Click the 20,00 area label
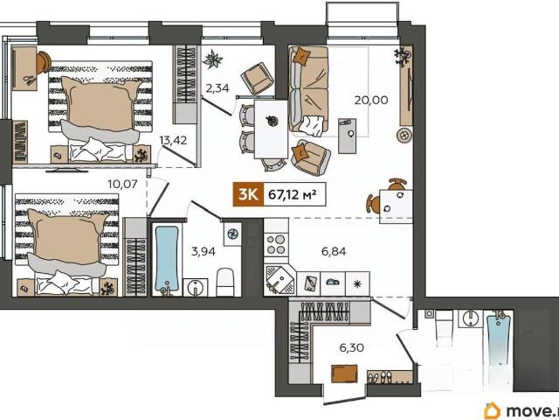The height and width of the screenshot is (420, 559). pos(370,100)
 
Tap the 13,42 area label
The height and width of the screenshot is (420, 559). pos(173,140)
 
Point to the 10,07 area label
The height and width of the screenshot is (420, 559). pos(122,185)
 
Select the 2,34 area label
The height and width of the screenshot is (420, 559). pos(217,87)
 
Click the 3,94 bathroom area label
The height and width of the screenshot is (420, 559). pos(204,251)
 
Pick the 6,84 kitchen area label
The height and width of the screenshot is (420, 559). pos(334,251)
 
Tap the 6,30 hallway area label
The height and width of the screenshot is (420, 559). pos(351,347)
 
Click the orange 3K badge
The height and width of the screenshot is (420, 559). pos(248,194)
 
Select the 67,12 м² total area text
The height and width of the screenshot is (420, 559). pos(293,194)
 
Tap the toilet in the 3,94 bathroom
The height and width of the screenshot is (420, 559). pos(225,282)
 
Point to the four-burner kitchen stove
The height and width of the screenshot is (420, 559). pos(276,244)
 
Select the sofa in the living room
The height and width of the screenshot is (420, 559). pos(308,89)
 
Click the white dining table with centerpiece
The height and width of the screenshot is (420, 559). pos(271,129)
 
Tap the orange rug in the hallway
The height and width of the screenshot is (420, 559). pos(344,374)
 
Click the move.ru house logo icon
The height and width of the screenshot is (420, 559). pos(492,410)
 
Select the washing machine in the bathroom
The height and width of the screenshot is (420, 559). pos(232,234)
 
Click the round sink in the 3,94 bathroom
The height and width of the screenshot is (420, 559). pos(196,288)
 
